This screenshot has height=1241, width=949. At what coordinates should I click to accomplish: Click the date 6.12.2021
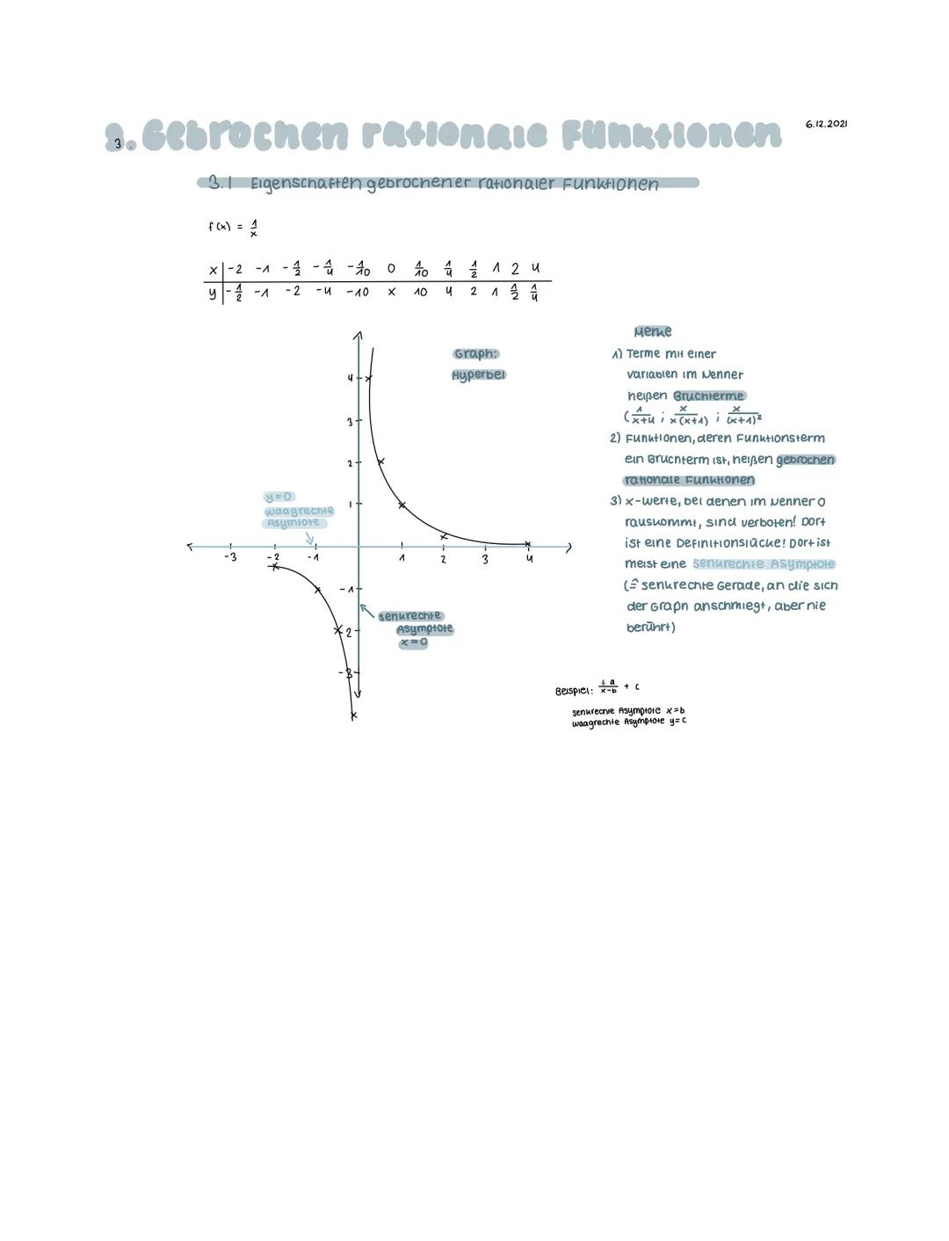point(826,125)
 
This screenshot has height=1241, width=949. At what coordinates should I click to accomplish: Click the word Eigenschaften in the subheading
point(306,185)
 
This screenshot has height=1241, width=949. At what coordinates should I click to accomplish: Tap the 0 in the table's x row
point(391,268)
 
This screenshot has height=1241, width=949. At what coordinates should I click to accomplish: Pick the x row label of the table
point(213,269)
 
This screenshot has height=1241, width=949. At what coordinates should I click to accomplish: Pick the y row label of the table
point(213,293)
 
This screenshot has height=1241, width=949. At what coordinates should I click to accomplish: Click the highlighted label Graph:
point(475,354)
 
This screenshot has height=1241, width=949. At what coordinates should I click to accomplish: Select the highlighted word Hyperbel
point(479,375)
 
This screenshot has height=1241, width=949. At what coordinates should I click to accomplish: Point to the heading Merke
point(653,331)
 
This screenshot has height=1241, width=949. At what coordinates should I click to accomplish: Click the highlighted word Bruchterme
point(708,396)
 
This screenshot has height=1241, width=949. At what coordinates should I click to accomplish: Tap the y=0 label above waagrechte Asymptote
point(278,497)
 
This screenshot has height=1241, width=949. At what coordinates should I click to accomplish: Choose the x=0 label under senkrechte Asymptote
point(413,642)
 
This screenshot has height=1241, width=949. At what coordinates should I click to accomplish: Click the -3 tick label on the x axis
point(230,557)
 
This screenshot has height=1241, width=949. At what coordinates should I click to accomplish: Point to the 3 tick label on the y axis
point(349,422)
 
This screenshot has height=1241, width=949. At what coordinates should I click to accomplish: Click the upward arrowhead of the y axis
point(358,335)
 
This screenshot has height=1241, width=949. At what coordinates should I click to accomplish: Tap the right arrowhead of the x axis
point(569,547)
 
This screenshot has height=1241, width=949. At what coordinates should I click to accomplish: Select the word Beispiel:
point(574,690)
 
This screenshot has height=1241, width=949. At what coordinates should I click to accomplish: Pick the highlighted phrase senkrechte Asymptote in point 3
point(763,564)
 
